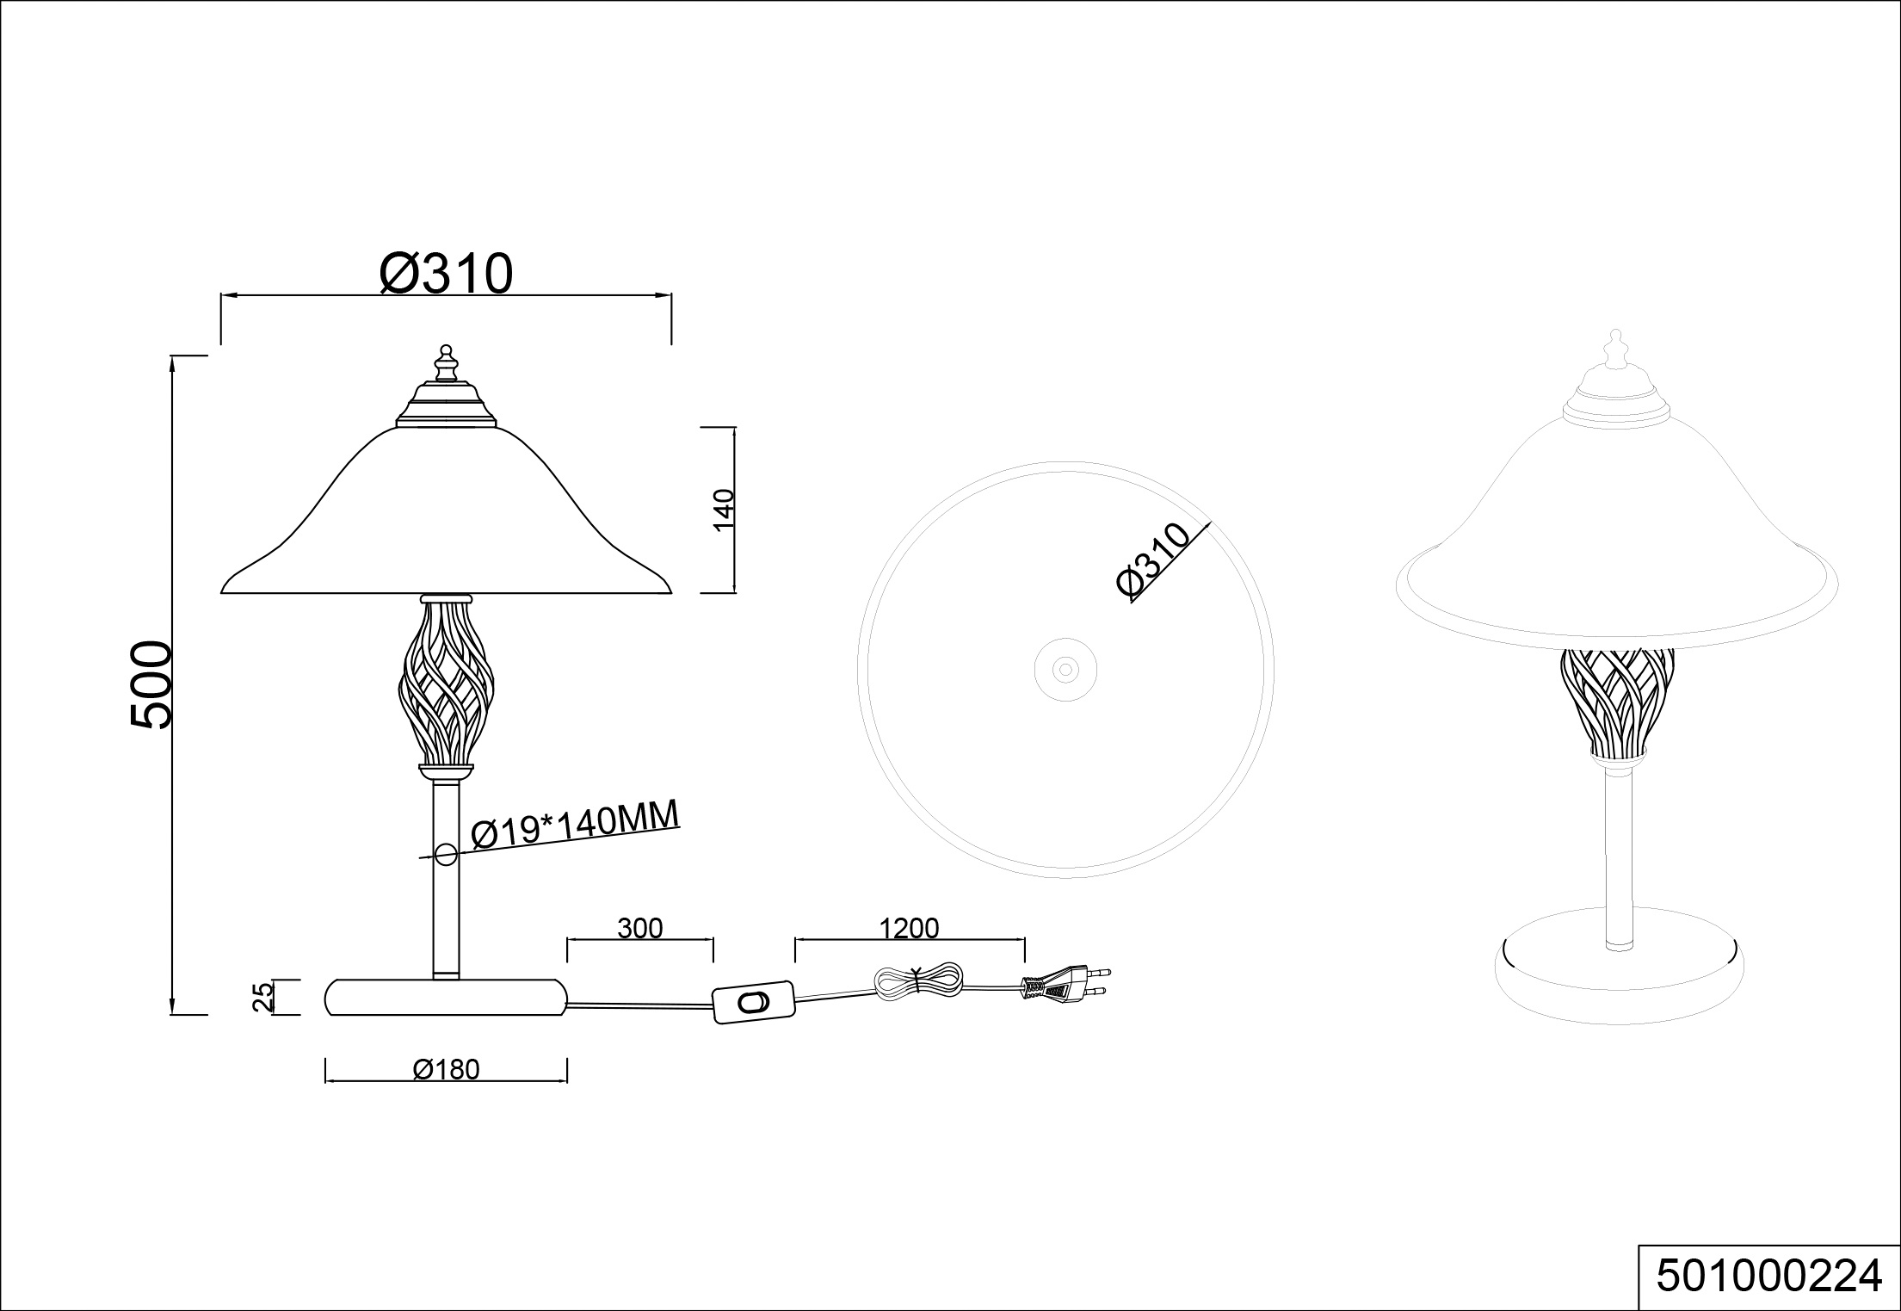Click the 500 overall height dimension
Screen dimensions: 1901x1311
[x=152, y=684]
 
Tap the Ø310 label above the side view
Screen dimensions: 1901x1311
[x=446, y=274]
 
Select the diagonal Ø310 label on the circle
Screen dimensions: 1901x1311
[x=1153, y=560]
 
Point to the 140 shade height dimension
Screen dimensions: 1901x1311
[x=725, y=510]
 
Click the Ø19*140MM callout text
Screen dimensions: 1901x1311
[x=576, y=825]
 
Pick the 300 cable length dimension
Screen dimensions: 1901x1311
[x=640, y=928]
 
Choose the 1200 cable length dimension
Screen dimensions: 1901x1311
[x=910, y=928]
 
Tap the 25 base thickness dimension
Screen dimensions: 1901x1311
[x=263, y=996]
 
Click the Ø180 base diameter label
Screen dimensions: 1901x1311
[x=446, y=1069]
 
